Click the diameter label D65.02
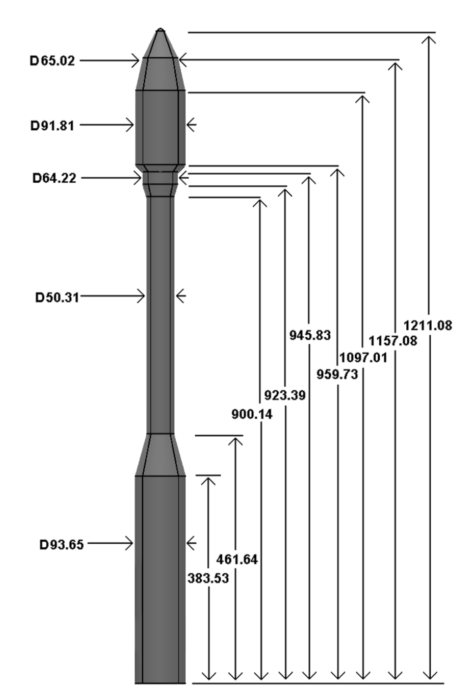pos(52,61)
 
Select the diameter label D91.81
pos(52,126)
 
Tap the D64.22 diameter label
pos(54,178)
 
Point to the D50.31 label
pos(57,297)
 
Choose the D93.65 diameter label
pos(62,545)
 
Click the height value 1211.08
pos(428,325)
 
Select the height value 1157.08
pos(393,341)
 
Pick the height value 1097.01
pos(363,358)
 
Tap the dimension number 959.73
pos(337,374)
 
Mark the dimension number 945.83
pos(310,335)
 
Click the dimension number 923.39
pos(285,395)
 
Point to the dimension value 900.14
pos(252,414)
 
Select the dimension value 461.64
pos(237,560)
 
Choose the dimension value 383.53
pos(208,578)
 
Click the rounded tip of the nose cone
pos(160,30)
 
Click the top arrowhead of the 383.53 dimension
pos(208,480)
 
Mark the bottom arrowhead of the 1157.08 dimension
pos(395,675)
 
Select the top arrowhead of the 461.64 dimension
pos(235,440)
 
